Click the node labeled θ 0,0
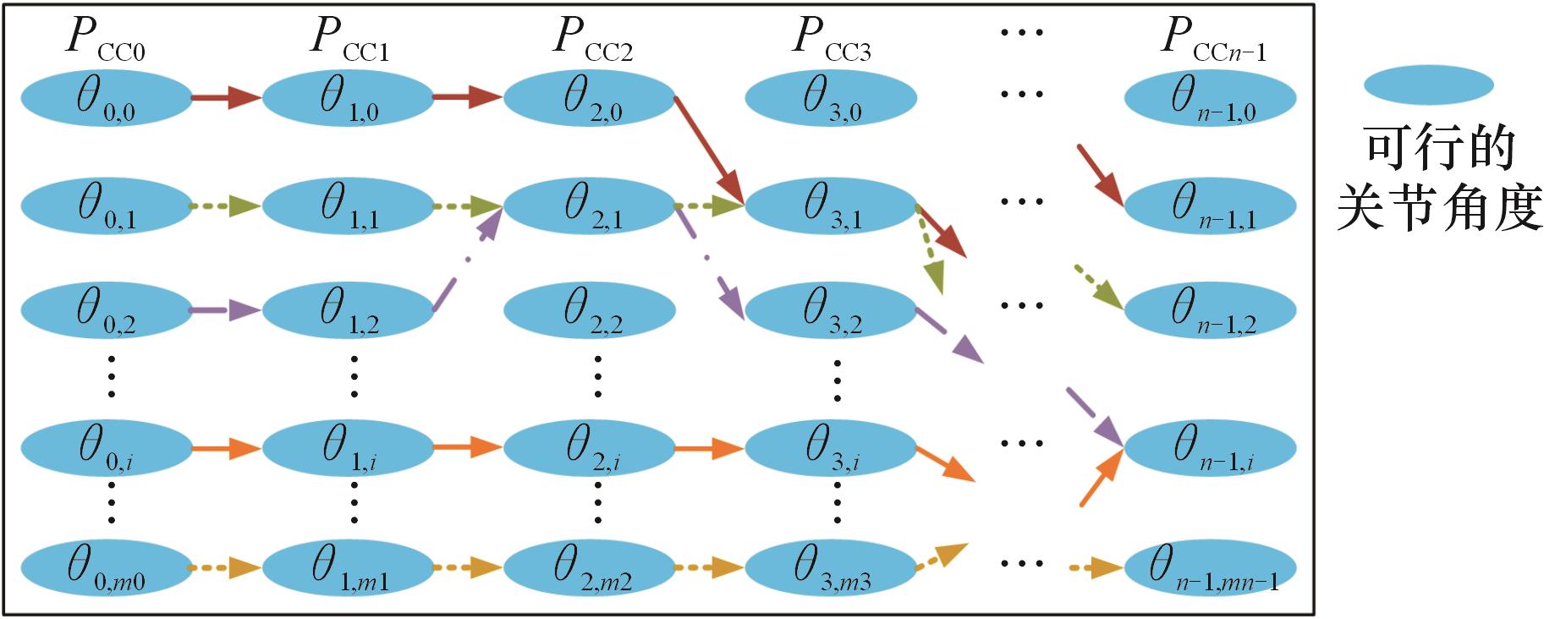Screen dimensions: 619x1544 tap(107, 97)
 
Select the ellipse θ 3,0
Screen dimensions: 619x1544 tap(831, 97)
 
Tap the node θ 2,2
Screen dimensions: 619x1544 tap(590, 309)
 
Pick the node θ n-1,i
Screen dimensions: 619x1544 tap(1210, 447)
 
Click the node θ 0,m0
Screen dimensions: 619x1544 tap(107, 567)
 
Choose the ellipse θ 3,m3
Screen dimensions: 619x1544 tap(831, 567)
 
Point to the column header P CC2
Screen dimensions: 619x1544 tap(592, 39)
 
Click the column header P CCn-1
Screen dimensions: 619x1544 tap(1213, 39)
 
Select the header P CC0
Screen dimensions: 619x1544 tap(105, 39)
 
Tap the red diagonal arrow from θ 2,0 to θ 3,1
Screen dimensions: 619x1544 tap(709, 151)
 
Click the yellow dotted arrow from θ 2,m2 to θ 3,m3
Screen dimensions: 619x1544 tap(709, 567)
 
